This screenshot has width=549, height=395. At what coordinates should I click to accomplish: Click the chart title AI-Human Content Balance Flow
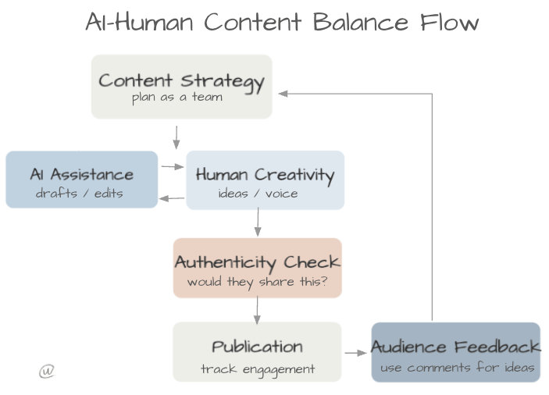[x=281, y=22]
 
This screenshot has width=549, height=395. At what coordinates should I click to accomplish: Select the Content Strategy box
[x=181, y=86]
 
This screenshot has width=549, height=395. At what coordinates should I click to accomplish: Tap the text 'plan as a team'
[x=177, y=98]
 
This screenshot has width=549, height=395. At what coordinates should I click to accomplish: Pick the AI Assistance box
[x=81, y=180]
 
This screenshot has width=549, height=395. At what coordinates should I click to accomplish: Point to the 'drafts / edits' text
[x=79, y=193]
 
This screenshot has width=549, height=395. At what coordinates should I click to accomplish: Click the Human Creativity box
[x=265, y=180]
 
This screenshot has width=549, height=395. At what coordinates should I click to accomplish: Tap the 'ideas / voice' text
[x=258, y=193]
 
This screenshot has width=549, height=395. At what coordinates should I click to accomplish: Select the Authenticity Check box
[x=257, y=268]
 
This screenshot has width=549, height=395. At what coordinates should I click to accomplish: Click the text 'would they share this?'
[x=257, y=282]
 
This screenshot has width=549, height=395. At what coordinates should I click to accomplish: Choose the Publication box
[x=257, y=351]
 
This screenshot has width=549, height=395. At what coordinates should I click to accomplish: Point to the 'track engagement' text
[x=257, y=368]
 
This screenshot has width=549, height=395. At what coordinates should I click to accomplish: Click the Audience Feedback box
[x=455, y=351]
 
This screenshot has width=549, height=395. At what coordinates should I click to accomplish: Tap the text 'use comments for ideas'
[x=457, y=367]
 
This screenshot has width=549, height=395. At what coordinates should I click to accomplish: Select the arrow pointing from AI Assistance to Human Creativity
[x=171, y=166]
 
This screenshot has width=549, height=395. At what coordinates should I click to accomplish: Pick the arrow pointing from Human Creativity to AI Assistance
[x=172, y=198]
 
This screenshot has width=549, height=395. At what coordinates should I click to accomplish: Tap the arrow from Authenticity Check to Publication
[x=256, y=310]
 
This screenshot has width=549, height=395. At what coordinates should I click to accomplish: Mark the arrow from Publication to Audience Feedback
[x=355, y=353]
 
